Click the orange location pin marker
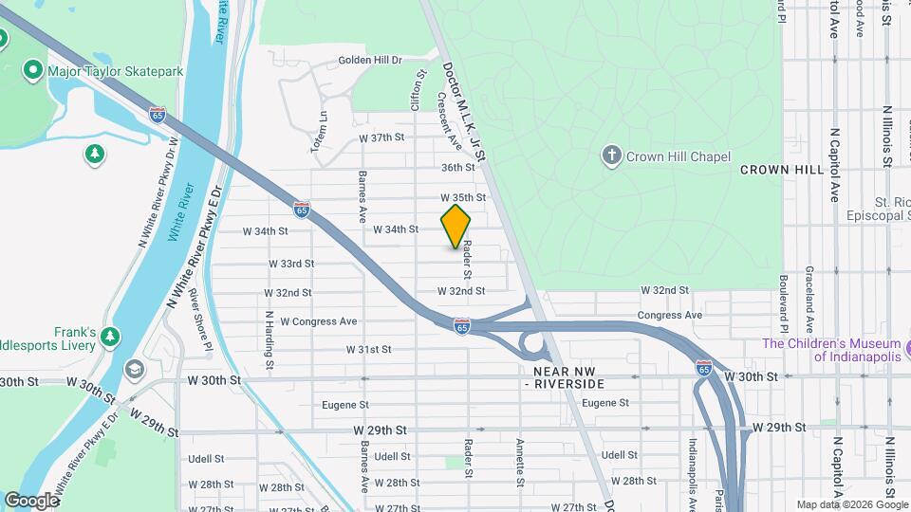coord(456,226)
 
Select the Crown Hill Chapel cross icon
coord(612,155)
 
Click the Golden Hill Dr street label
coord(371,60)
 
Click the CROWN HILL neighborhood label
coord(781,169)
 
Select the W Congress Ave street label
coord(319,320)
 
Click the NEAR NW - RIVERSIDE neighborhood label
coord(569,377)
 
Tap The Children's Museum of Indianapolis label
coord(830,350)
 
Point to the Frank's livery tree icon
coord(111,337)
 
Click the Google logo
coord(31,500)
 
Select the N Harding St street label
coord(270,339)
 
